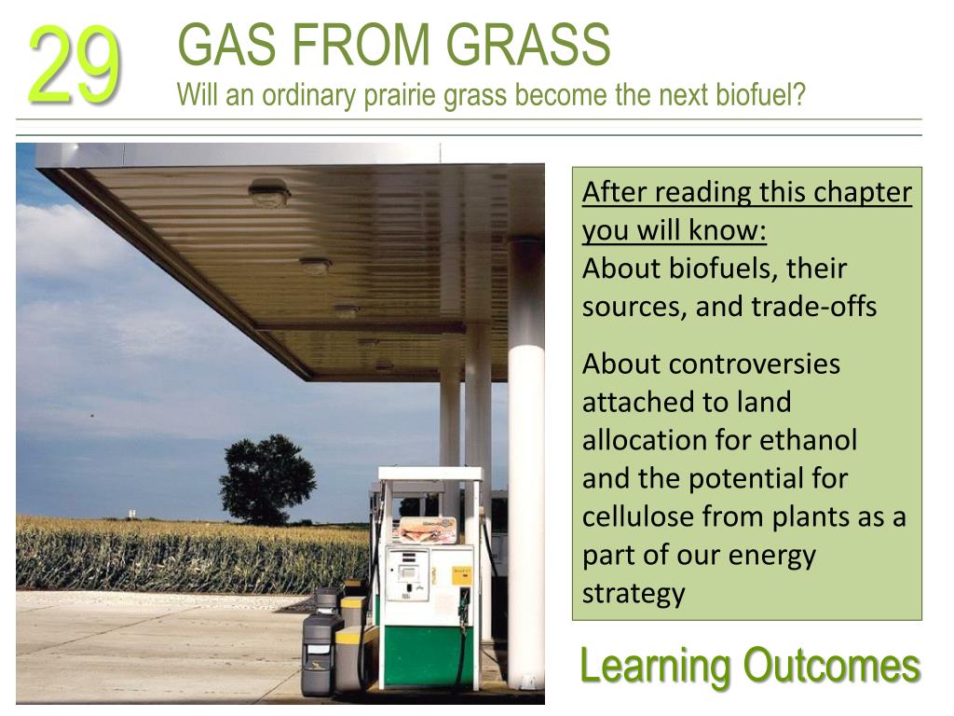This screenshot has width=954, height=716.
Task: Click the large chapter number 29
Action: pos(75,65)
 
